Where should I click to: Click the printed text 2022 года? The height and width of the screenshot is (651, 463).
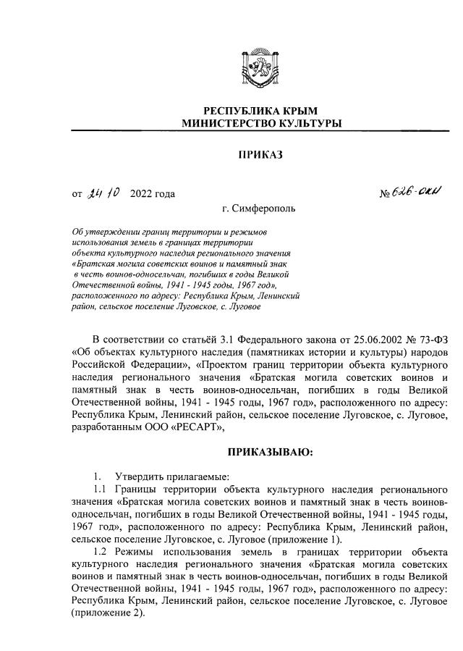(x=152, y=194)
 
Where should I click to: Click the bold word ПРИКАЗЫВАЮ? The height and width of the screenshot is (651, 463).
(x=260, y=453)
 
